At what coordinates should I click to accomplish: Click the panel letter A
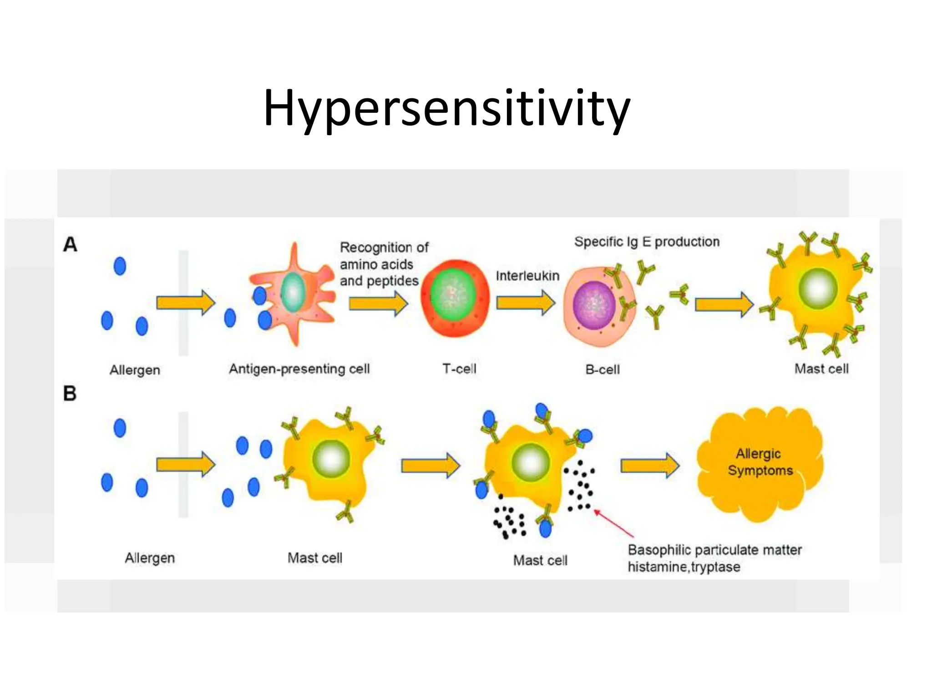(70, 245)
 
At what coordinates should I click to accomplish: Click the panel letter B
(70, 394)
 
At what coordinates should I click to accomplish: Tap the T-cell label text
(459, 369)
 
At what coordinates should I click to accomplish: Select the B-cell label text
(602, 370)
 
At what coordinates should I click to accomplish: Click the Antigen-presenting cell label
(299, 369)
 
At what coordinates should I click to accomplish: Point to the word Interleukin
(527, 276)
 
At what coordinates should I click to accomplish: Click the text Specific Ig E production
(647, 242)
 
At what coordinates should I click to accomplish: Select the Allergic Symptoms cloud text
(760, 462)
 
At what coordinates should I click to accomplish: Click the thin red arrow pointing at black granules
(614, 524)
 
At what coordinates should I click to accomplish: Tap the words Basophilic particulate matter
(714, 550)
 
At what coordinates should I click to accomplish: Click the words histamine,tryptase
(684, 567)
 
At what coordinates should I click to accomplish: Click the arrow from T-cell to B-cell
(526, 303)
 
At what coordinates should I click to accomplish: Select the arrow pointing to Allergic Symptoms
(650, 466)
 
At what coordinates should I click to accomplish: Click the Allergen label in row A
(135, 370)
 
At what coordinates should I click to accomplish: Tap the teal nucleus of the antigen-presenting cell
(293, 292)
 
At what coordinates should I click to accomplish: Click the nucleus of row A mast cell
(818, 289)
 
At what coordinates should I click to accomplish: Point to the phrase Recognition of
(384, 248)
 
